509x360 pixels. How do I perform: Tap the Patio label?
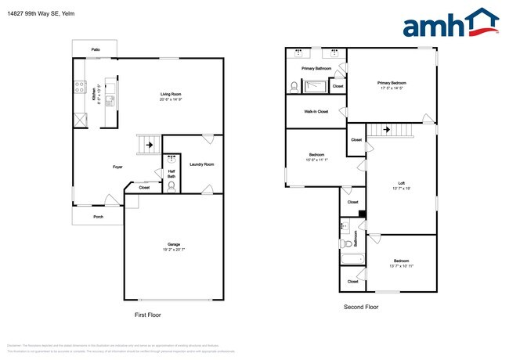coord(95,49)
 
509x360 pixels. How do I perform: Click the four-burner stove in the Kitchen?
coord(80,88)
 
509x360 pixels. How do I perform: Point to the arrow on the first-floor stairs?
coord(150,144)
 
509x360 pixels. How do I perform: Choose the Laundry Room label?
coord(201,164)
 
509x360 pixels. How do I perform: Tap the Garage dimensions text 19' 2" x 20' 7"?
coord(172,250)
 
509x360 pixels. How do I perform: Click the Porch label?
coord(98,217)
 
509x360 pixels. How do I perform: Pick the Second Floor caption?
coord(361,308)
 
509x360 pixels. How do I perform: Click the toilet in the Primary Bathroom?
coord(294,88)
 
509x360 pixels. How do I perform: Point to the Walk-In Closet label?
coord(316,112)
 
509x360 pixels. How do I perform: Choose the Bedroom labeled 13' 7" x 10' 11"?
coord(401,265)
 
